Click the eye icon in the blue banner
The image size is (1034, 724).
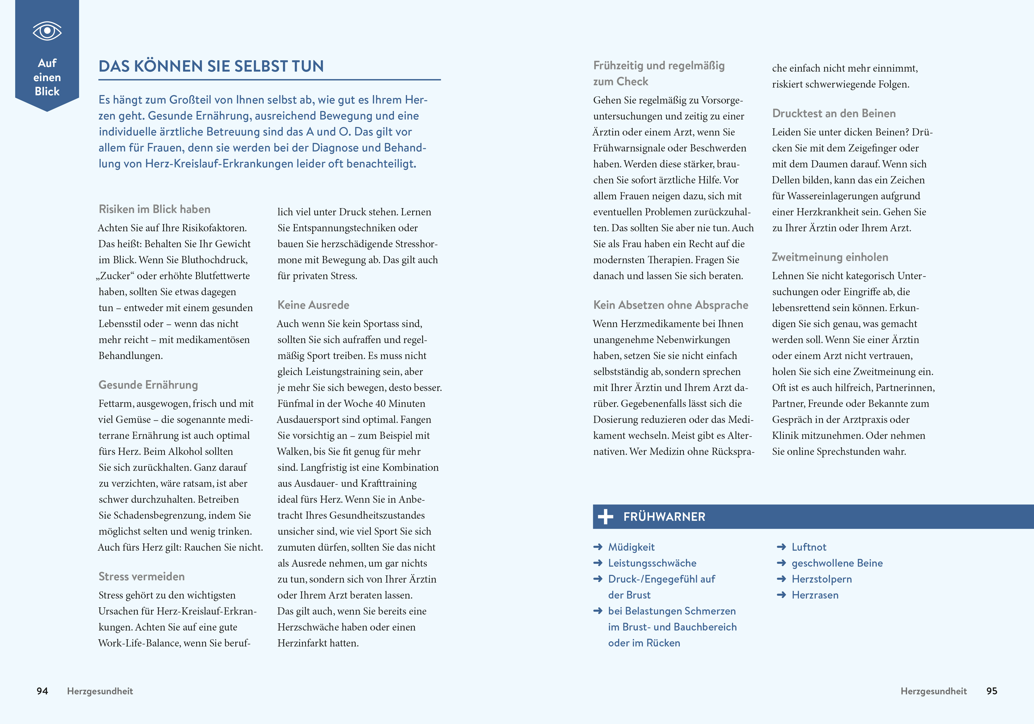tap(47, 31)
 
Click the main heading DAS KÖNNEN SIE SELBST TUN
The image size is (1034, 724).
tap(211, 66)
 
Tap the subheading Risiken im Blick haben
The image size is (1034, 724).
tap(154, 209)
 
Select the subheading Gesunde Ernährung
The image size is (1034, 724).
tap(148, 385)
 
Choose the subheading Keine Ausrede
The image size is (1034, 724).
tap(313, 305)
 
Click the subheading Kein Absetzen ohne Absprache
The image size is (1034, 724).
tap(670, 305)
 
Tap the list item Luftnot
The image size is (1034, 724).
tap(809, 547)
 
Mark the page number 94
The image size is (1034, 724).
tap(42, 691)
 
